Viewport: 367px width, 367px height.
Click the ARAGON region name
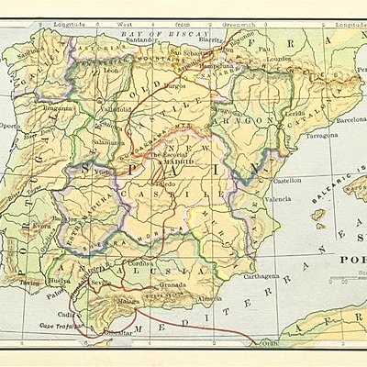(x=254, y=120)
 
